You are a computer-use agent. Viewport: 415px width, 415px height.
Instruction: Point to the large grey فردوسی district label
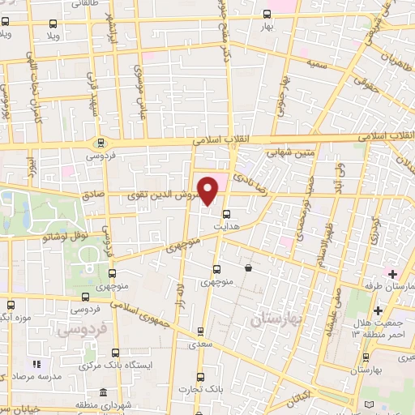[x=79, y=331]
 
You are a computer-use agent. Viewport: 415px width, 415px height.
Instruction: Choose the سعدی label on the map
[x=196, y=344]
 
